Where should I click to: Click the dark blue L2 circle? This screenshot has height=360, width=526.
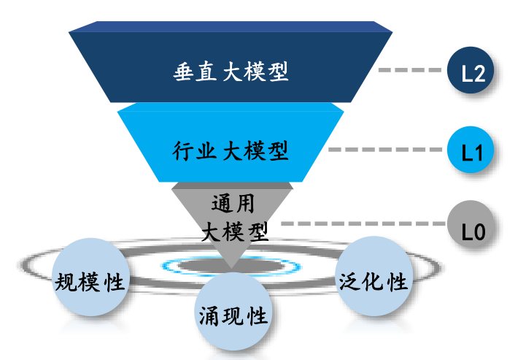[x=471, y=72]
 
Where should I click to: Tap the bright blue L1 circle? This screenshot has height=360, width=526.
[x=471, y=151]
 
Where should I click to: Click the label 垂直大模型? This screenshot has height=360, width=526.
[x=231, y=72]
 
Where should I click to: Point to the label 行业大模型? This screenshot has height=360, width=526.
[x=231, y=151]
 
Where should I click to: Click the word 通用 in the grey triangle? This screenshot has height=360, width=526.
[x=232, y=203]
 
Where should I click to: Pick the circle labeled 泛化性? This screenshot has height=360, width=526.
[x=373, y=280]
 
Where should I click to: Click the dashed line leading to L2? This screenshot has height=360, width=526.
[x=411, y=72]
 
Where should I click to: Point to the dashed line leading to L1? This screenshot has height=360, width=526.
[x=387, y=151]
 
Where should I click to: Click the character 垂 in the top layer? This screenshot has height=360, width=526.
[x=184, y=72]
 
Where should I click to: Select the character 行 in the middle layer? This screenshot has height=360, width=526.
[x=184, y=151]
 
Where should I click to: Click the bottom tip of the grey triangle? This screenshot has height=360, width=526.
[x=231, y=267]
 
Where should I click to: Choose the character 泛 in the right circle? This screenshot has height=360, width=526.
[x=349, y=281]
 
